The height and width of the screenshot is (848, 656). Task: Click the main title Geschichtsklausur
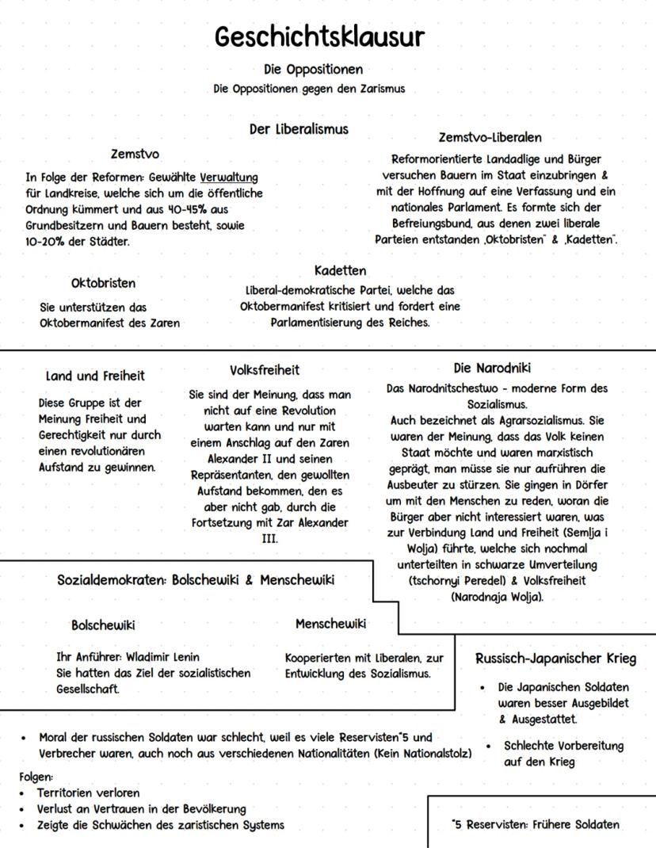319,37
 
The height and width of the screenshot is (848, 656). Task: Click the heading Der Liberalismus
299,128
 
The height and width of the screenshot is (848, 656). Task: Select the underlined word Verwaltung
228,177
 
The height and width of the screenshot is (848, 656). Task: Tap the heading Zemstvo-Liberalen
490,138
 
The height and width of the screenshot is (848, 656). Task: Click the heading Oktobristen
103,283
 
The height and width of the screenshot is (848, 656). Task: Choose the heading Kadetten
340,271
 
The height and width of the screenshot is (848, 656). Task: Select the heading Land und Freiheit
95,376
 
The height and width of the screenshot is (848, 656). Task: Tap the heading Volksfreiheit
265,370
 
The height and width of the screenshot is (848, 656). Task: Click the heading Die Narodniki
492,368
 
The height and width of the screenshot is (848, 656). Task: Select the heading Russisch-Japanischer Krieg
555,658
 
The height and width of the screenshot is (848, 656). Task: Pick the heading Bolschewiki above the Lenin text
103,625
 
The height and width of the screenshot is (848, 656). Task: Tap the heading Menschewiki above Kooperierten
330,624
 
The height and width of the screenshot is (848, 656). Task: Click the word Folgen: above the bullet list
36,777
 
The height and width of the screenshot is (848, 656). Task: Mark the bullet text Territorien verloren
88,793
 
